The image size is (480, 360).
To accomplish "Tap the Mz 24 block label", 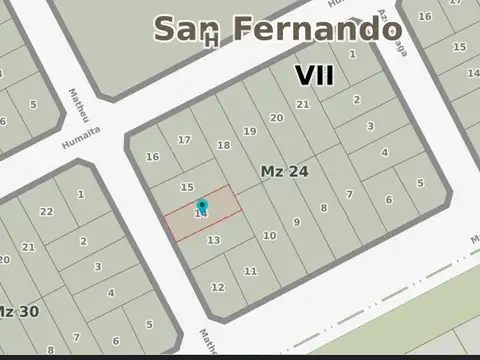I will pos(284,172).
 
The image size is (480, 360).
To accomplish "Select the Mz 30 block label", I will pos(19,311).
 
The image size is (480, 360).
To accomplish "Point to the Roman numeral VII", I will pos(314,75).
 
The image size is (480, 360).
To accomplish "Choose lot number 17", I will pos(184,140).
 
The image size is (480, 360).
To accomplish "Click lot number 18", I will pos(223,145).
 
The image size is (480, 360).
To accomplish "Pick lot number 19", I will pos(250,131).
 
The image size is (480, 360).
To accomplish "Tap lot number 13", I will pos(213,240).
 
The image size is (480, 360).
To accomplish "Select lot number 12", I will pos(217,287).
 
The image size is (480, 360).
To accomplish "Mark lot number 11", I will pos(250,271).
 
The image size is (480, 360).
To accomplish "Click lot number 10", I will pos(269,236).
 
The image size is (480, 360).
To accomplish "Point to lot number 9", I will pos(296,222).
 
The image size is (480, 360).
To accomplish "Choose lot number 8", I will pos(323,208).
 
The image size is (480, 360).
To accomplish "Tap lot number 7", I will pos(349,194).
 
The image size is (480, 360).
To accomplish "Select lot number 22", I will pos(46,211).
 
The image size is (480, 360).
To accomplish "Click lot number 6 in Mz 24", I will pos(389,200).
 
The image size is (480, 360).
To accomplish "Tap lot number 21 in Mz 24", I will pos(303,104).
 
